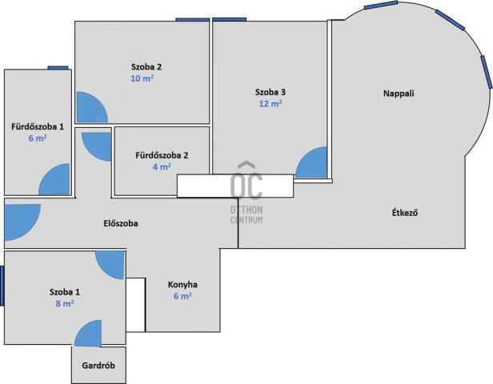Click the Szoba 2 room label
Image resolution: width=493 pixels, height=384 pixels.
[146, 67]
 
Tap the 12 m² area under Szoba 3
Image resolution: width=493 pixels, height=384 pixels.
[271, 103]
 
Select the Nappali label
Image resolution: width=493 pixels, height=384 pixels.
[399, 94]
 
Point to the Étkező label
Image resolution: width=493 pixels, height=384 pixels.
[405, 213]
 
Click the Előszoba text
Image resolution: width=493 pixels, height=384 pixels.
[121, 223]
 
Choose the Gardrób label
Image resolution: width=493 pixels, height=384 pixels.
[98, 366]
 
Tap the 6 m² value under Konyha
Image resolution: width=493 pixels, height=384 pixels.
[182, 296]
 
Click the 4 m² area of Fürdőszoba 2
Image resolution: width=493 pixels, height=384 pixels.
[162, 166]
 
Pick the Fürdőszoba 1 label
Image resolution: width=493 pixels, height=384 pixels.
[38, 126]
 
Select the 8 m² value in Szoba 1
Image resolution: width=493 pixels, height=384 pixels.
[65, 303]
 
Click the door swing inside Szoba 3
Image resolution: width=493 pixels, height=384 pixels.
[311, 162]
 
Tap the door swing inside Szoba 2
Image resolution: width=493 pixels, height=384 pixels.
[92, 107]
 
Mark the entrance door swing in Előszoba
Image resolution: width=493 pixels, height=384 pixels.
[22, 222]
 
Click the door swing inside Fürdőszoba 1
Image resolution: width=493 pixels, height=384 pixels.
[54, 179]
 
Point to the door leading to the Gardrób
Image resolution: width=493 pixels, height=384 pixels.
[88, 334]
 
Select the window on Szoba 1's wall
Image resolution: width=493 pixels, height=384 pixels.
[2, 286]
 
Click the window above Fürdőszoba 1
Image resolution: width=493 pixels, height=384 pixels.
[58, 67]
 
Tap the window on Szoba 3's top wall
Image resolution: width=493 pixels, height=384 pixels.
[229, 19]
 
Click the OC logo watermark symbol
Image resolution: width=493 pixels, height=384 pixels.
[246, 181]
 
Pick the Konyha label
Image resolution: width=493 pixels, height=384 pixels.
[182, 285]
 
